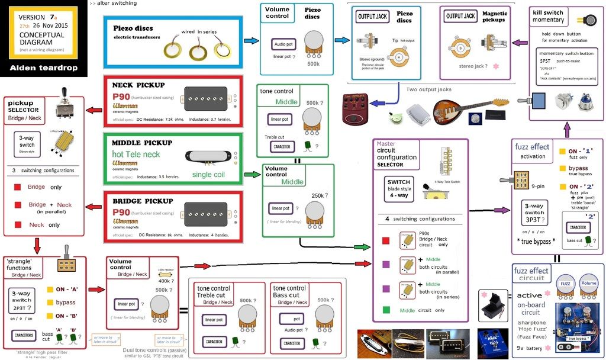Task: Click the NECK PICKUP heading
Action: [138, 85]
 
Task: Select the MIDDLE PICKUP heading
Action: [142, 143]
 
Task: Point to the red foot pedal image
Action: [356, 110]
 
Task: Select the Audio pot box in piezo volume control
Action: [283, 44]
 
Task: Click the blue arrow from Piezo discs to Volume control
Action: [252, 41]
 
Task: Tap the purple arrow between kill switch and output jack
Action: [519, 43]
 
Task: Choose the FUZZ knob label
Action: [565, 283]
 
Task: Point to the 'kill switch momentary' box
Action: [548, 16]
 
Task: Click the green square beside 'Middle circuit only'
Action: [386, 310]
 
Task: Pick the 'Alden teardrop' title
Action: [44, 68]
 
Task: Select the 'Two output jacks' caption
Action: [429, 89]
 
